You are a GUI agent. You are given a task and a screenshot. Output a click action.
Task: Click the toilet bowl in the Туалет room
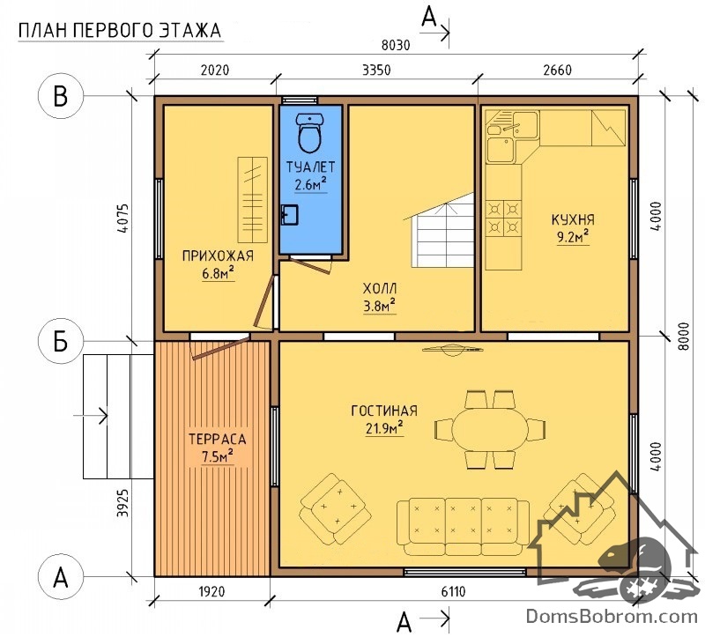[x=309, y=133]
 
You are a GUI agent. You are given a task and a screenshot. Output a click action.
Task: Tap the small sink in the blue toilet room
[x=289, y=214]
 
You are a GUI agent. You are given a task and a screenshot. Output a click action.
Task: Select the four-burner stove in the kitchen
[x=503, y=218]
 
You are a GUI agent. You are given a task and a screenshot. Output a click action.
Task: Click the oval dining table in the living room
[x=490, y=429]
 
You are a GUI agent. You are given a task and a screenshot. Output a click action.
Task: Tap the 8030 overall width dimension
[x=396, y=46]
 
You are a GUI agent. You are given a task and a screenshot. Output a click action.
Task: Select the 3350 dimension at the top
[x=376, y=70]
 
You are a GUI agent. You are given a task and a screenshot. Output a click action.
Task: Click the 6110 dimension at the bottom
[x=453, y=592]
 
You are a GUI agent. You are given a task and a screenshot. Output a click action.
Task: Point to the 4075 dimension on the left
[x=122, y=218]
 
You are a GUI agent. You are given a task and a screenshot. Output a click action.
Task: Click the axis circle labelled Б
[x=61, y=342]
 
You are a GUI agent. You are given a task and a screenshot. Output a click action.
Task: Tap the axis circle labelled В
[x=61, y=96]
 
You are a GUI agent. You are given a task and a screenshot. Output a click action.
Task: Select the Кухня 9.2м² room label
[x=573, y=228]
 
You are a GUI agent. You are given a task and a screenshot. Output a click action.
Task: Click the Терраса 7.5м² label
[x=217, y=448]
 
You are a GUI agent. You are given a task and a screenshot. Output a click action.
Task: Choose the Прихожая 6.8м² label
[x=218, y=265]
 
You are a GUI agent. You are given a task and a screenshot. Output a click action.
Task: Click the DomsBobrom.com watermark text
[x=612, y=616]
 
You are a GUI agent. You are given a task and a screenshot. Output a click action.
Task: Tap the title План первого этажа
[x=120, y=31]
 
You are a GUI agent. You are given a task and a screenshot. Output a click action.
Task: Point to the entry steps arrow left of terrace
[x=91, y=416]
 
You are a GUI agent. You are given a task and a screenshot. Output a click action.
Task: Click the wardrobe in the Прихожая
[x=252, y=200]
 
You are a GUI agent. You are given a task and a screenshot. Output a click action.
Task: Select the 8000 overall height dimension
[x=683, y=337]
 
